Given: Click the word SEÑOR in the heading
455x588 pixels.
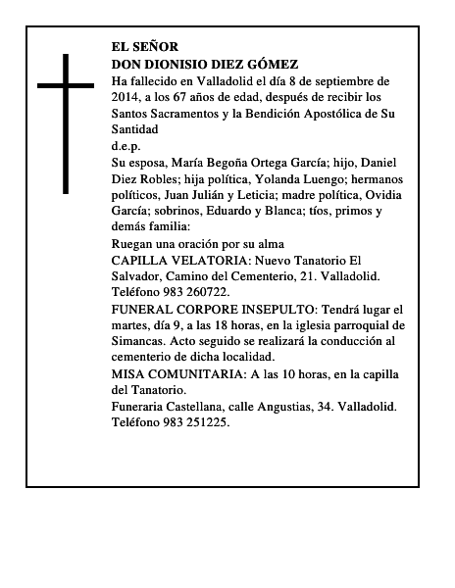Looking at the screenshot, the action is click(156, 46).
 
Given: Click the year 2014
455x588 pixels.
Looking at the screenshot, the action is click(126, 97).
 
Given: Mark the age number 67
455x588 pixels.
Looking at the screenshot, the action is click(195, 97).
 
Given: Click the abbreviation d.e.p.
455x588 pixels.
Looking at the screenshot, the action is click(127, 146).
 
